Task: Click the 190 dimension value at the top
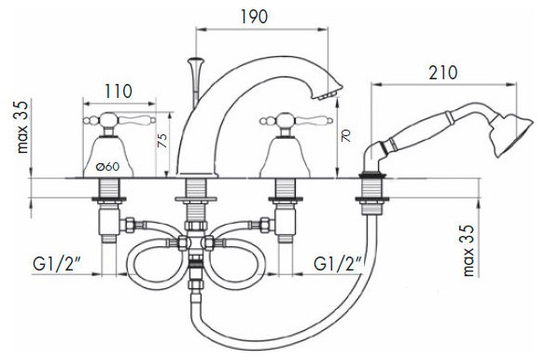[254, 17]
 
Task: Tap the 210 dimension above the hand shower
[442, 73]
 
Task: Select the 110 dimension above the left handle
[119, 91]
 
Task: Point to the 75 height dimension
[162, 140]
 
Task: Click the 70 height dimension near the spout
[346, 135]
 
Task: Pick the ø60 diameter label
[107, 167]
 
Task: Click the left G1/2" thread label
[57, 264]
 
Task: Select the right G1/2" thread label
[338, 264]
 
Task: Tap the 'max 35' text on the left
[22, 127]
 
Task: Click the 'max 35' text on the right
[468, 250]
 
